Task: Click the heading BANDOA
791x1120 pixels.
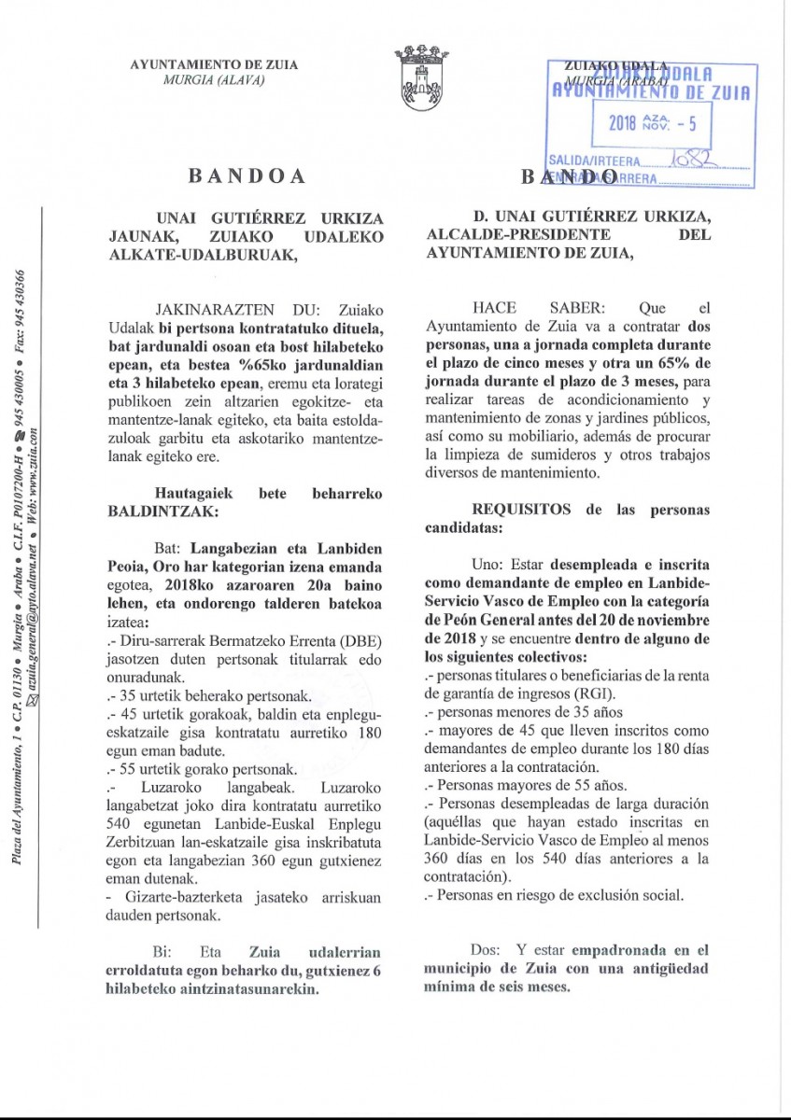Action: tap(241, 175)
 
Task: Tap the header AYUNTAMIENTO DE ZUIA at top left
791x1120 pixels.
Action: tap(214, 64)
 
